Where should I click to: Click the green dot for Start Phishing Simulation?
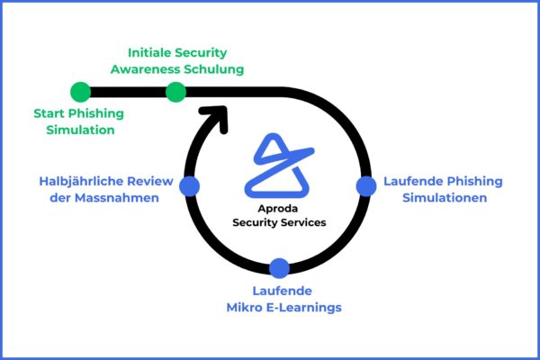tap(80, 92)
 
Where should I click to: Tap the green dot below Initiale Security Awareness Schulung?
tap(176, 92)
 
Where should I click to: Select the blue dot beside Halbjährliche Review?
tap(189, 185)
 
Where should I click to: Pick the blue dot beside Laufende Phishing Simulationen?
tap(365, 185)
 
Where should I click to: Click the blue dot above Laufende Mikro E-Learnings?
tap(279, 267)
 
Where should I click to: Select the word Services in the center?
tap(303, 222)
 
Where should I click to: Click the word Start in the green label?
tap(50, 113)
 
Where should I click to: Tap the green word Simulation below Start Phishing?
tap(78, 130)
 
